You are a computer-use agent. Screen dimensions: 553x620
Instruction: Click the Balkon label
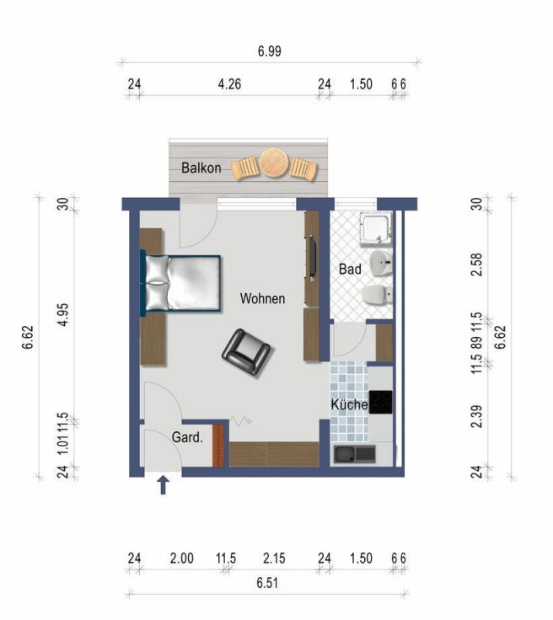201,168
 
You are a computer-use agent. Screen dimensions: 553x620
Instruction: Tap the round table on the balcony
274,163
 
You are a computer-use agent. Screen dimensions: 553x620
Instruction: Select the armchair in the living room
246,352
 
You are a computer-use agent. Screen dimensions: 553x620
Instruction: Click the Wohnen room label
262,298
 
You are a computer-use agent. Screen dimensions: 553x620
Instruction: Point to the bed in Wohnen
180,283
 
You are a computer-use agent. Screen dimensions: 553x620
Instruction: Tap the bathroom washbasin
381,261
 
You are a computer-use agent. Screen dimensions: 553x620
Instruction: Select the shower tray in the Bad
376,228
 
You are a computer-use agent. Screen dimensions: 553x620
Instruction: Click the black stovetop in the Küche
380,402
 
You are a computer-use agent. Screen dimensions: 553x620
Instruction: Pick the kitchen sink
354,454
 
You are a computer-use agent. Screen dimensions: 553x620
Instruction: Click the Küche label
349,404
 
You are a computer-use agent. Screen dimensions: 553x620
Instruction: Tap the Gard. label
187,437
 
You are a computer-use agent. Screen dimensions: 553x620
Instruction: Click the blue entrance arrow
163,485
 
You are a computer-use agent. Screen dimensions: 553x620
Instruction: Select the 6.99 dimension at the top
270,51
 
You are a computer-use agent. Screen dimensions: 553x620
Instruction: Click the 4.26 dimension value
229,84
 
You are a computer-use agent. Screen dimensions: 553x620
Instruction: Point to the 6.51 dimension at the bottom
267,583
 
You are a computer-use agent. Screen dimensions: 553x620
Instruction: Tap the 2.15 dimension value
274,559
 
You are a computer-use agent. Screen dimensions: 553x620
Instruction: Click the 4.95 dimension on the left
63,315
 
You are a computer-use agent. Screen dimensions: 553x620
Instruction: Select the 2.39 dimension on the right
477,416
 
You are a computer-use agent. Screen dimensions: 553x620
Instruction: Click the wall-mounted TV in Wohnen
312,259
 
